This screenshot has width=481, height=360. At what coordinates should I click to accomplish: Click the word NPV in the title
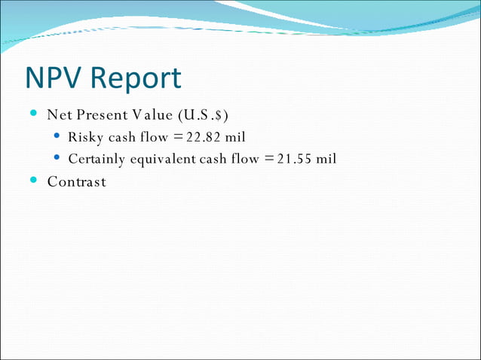(58, 78)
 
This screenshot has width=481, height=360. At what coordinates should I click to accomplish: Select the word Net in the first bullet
(59, 115)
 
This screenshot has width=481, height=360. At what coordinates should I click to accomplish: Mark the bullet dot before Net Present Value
(33, 114)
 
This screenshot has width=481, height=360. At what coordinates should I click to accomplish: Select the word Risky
(85, 137)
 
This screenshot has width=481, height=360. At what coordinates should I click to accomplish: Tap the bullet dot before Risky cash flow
(58, 136)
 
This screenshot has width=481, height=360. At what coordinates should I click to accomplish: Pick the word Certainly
(98, 159)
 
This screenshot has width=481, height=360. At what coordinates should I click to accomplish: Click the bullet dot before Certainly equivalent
(58, 158)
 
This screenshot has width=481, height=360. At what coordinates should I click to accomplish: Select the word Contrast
(76, 182)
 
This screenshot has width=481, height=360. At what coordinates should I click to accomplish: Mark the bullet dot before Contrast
(33, 181)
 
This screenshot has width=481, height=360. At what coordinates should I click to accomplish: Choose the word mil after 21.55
(326, 159)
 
